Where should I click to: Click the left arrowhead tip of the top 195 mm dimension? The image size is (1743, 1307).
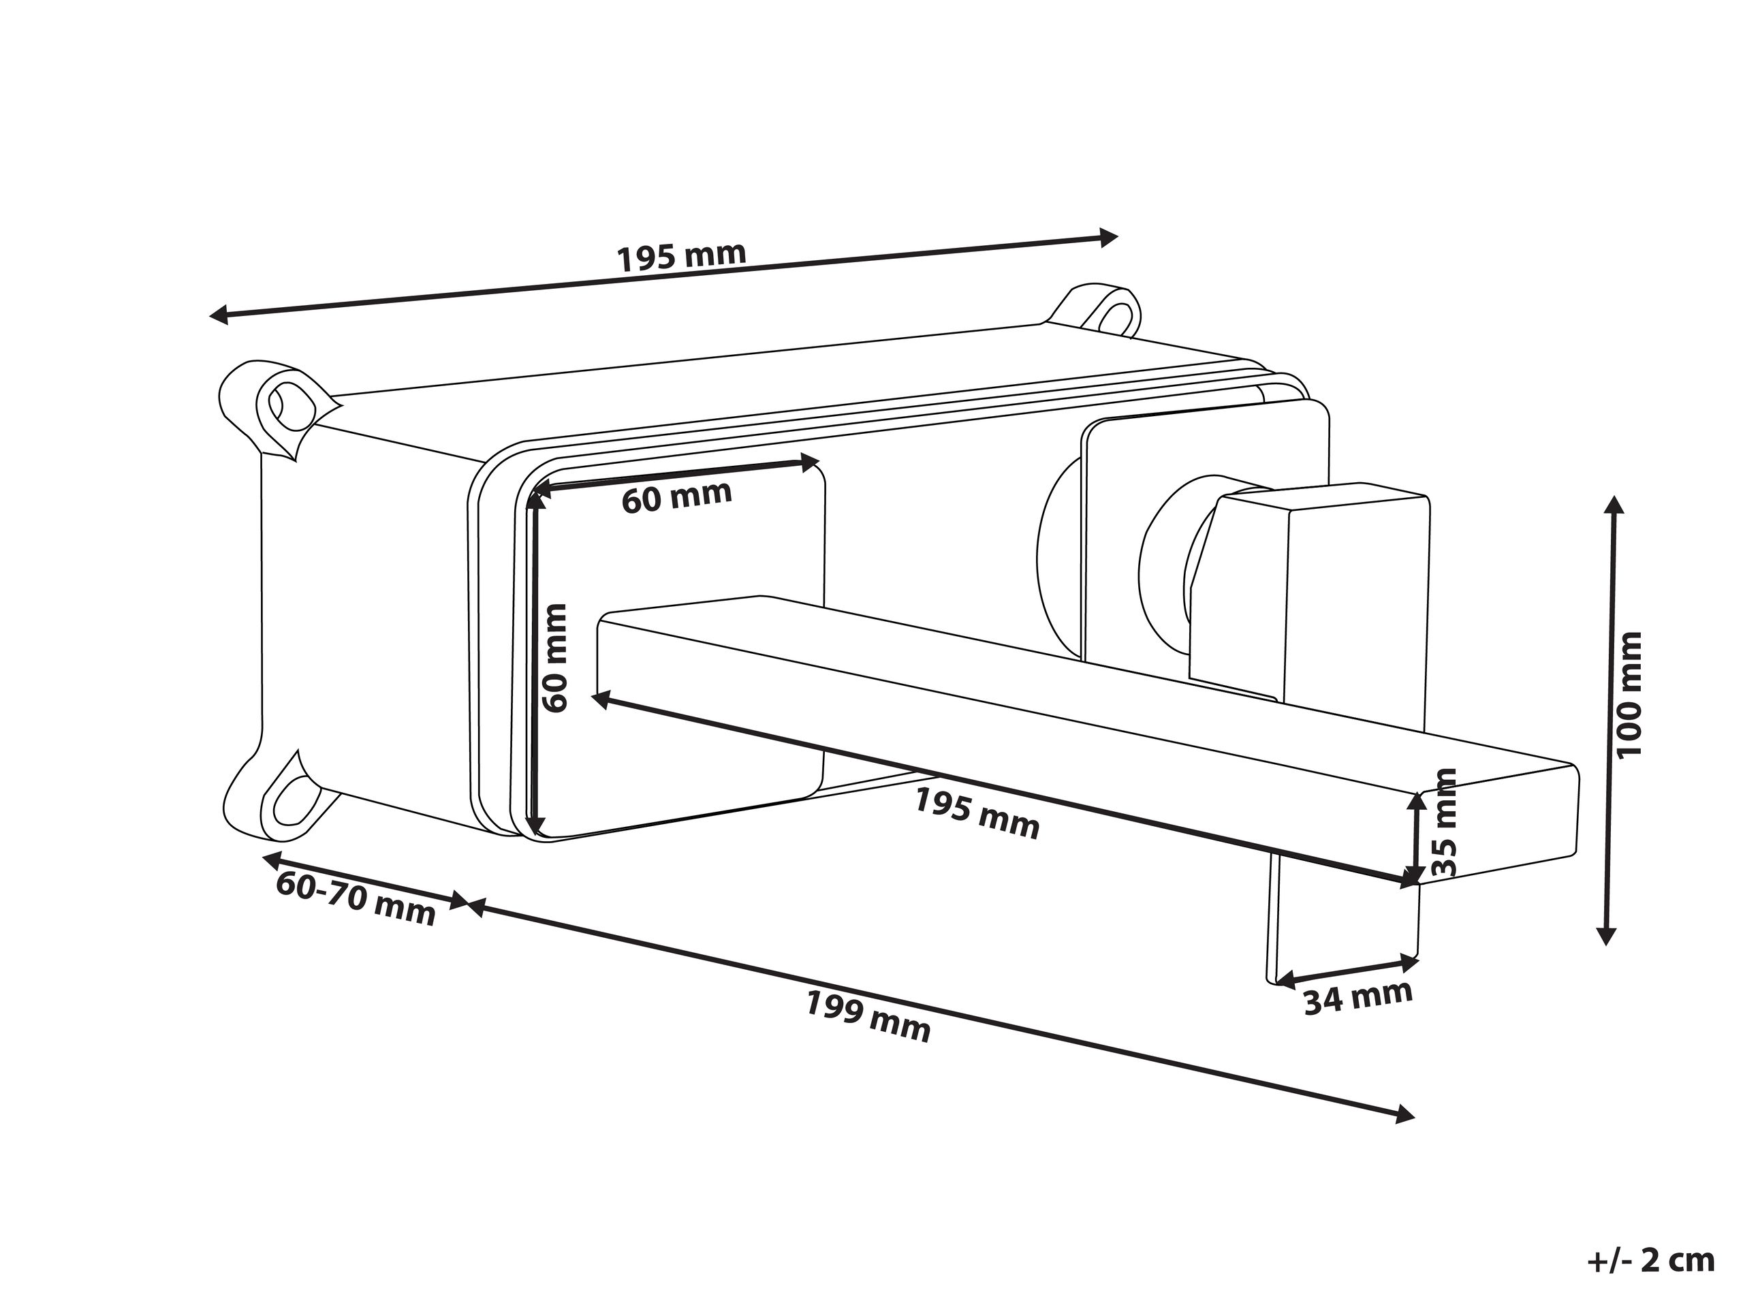(x=210, y=316)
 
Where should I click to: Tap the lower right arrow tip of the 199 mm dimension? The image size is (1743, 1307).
(x=1415, y=1116)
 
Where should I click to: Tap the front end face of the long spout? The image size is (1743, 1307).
(x=1498, y=823)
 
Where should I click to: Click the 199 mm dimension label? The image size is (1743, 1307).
(x=868, y=1016)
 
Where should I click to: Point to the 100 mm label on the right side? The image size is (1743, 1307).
(x=1629, y=694)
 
